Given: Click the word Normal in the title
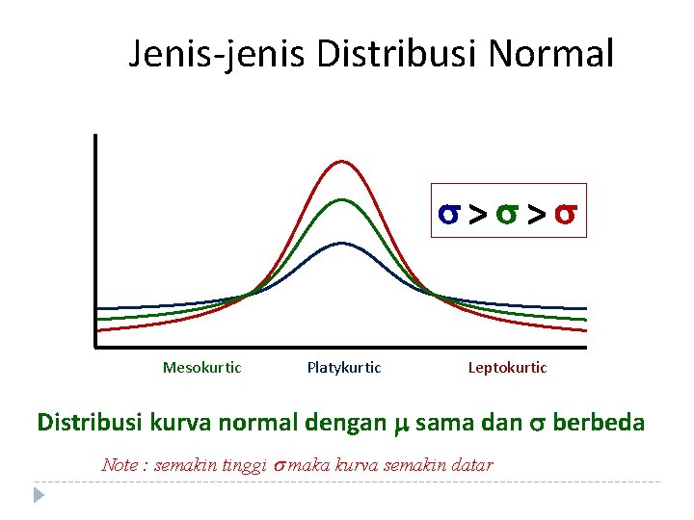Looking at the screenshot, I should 550,54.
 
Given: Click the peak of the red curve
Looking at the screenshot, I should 343,162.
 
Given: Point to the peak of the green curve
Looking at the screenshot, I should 343,200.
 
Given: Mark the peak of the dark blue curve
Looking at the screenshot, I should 343,244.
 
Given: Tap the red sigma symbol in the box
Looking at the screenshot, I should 567,212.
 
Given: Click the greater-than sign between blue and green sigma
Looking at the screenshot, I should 477,213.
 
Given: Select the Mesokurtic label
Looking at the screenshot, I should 202,367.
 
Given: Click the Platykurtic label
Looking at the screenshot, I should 344,367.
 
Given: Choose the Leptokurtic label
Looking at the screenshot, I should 507,367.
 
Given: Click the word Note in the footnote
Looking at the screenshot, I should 120,465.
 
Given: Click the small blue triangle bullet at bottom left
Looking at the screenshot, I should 40,496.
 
